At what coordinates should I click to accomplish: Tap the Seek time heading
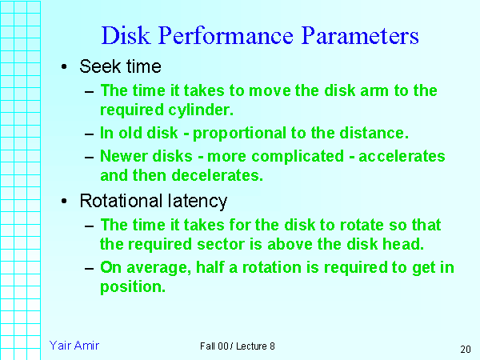tap(120, 67)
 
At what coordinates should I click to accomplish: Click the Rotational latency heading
tap(153, 201)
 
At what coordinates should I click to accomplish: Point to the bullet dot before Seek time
tap(64, 67)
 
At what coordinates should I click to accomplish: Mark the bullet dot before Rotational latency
tap(64, 201)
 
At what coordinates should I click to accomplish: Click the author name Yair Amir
tap(74, 346)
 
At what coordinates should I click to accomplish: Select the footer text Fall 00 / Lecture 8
tap(238, 346)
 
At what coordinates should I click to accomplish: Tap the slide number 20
tap(466, 349)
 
